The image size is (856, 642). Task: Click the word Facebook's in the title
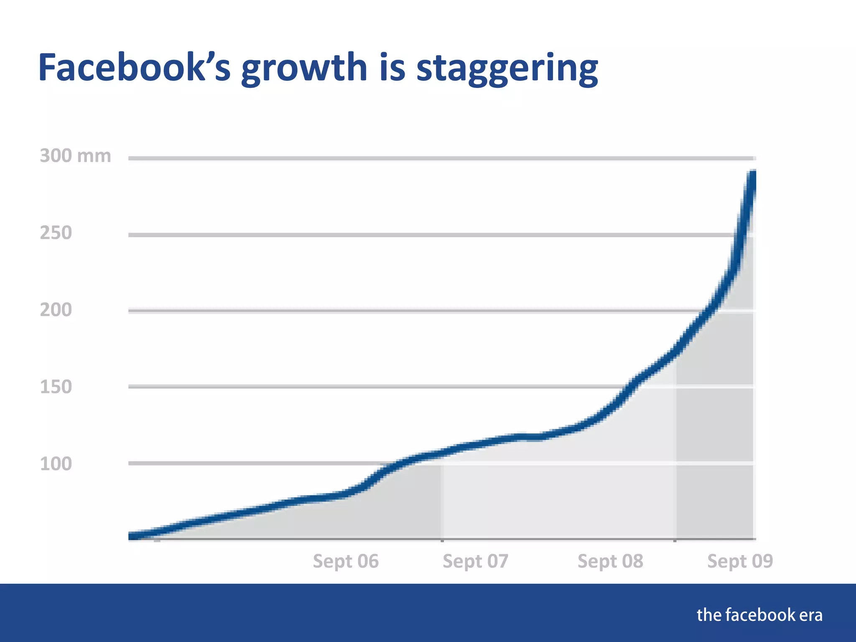tap(134, 68)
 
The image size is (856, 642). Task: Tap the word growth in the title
tap(304, 69)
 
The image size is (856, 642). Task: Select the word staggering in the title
tap(507, 69)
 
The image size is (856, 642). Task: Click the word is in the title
tap(392, 68)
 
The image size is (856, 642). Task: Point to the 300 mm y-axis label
tap(75, 156)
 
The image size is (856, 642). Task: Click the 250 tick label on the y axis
tap(56, 233)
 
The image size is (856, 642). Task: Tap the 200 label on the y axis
tap(56, 310)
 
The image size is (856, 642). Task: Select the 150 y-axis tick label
tap(56, 387)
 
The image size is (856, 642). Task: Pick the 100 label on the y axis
tap(56, 464)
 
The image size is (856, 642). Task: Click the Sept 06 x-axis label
tap(346, 561)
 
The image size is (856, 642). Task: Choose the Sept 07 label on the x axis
tap(475, 561)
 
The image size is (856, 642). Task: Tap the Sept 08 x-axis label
tap(610, 561)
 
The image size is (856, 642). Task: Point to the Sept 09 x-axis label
tap(740, 561)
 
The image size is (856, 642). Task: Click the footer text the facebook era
tap(759, 615)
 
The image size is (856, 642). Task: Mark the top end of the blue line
tap(753, 173)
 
